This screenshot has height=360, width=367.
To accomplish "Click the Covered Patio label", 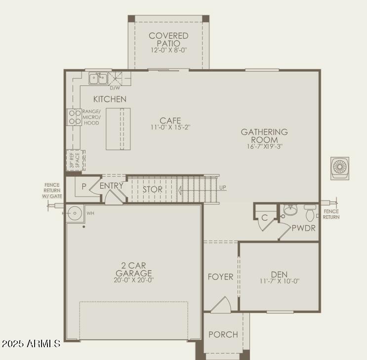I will pyautogui.click(x=168, y=40).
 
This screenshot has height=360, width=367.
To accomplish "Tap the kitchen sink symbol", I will pyautogui.click(x=97, y=79).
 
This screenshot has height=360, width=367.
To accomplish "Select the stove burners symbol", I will pyautogui.click(x=75, y=117).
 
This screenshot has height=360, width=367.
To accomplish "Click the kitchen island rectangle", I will pyautogui.click(x=118, y=128).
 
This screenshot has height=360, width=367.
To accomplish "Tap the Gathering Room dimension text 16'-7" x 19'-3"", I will pyautogui.click(x=265, y=146).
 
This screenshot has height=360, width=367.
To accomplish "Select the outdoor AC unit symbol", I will pyautogui.click(x=340, y=167).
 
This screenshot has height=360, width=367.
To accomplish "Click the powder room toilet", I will pyautogui.click(x=310, y=212).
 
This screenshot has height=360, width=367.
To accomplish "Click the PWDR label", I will pyautogui.click(x=303, y=228).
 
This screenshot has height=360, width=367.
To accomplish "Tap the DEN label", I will pyautogui.click(x=279, y=274).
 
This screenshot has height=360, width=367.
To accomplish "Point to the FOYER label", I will pyautogui.click(x=220, y=277).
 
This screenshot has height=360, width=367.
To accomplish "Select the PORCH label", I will pyautogui.click(x=223, y=334).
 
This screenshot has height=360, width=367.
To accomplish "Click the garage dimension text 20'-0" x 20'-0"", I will pyautogui.click(x=133, y=280).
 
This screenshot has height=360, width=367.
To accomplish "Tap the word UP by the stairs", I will pyautogui.click(x=223, y=188).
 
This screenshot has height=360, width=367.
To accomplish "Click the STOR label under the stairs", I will pyautogui.click(x=153, y=189).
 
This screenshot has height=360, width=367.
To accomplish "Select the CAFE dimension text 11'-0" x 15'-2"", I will pyautogui.click(x=170, y=127).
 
